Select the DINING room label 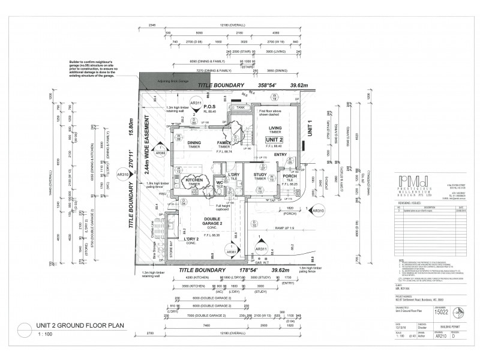[x=194, y=143]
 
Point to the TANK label [x=241, y=107]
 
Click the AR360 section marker [x=161, y=151]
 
